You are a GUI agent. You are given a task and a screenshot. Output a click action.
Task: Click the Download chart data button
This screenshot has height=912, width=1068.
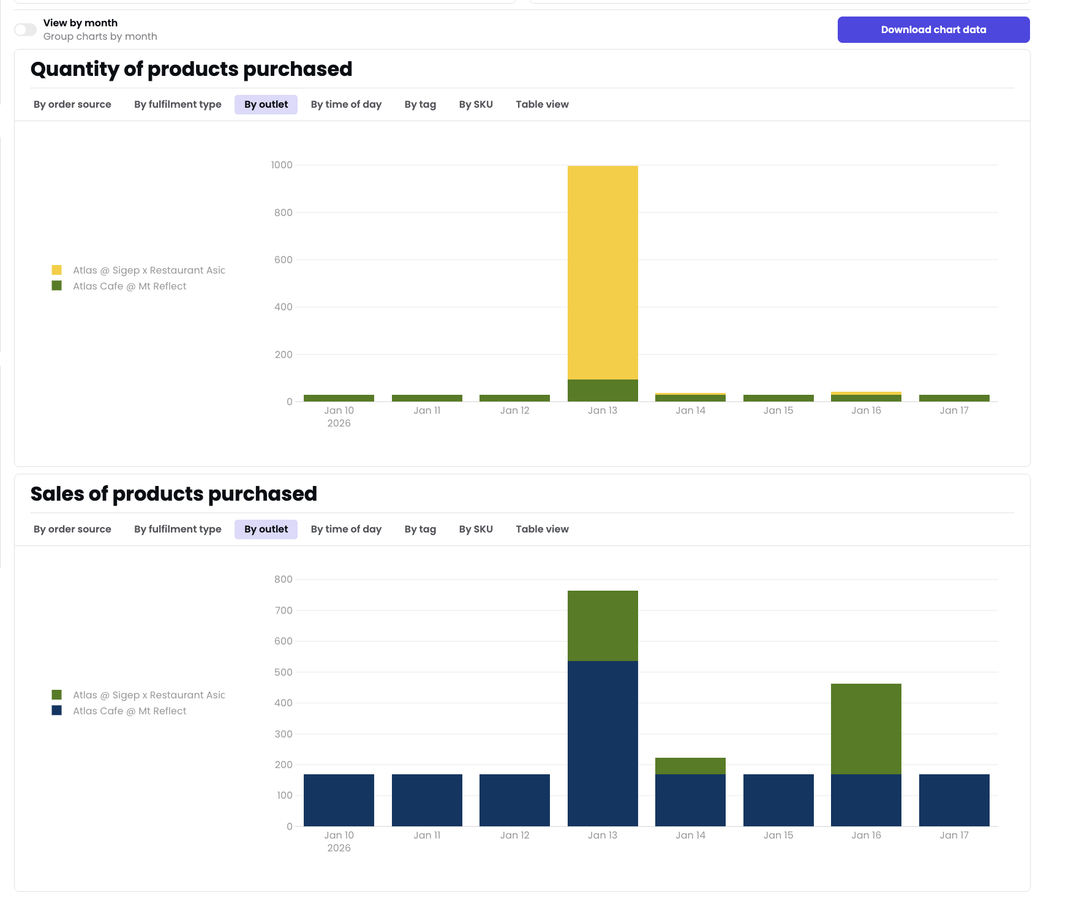click(933, 29)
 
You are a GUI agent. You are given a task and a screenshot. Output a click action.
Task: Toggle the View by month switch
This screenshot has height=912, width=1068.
click(26, 29)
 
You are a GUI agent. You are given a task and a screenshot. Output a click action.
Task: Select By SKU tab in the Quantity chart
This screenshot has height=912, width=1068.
click(475, 104)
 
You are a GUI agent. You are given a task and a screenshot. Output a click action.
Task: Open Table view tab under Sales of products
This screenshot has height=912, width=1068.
click(541, 529)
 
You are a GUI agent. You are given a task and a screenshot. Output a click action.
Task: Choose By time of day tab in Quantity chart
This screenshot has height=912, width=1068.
click(345, 104)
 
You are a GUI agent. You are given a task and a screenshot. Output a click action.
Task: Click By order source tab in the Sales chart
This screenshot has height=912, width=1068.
click(72, 529)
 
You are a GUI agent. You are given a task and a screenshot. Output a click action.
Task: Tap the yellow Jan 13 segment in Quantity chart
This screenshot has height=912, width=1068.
click(603, 272)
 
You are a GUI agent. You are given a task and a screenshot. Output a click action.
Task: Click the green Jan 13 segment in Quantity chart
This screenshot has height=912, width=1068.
click(603, 391)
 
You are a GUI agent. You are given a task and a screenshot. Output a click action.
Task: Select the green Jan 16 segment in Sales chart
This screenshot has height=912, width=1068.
click(865, 728)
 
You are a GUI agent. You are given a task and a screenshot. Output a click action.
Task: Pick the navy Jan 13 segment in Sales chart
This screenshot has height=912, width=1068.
click(603, 743)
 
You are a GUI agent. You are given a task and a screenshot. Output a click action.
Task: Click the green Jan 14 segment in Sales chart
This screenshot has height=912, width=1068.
click(690, 766)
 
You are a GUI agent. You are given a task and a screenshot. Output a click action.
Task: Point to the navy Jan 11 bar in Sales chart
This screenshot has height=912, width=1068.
click(427, 800)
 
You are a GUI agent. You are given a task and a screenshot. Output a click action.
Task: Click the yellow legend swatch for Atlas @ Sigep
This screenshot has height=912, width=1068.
click(57, 270)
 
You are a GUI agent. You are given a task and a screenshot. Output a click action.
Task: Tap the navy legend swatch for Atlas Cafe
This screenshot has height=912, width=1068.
click(57, 711)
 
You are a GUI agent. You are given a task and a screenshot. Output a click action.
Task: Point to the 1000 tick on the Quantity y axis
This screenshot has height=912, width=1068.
click(282, 165)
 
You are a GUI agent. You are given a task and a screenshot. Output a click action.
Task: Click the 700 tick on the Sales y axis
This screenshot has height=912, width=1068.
click(284, 610)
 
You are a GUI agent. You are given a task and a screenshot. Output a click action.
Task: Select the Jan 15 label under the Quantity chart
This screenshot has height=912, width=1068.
click(778, 410)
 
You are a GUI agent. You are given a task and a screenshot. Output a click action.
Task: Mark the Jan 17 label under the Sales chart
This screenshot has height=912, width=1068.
click(953, 835)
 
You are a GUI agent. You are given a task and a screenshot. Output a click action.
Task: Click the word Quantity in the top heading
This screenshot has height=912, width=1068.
click(74, 69)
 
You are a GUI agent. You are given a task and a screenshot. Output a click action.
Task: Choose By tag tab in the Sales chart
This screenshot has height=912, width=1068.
click(420, 529)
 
